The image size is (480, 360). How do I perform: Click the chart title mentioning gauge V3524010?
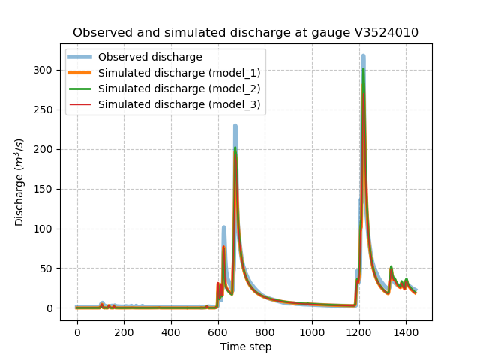245,33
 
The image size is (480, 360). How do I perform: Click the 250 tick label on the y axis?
46,109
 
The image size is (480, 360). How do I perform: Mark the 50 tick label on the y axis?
49,268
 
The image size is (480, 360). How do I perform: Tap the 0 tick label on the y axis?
52,308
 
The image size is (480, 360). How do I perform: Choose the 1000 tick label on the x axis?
312,332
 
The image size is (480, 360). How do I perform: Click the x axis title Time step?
245,346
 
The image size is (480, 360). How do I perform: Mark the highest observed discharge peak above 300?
363,57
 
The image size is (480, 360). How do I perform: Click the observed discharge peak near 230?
235,127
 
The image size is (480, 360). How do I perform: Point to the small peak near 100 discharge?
223,228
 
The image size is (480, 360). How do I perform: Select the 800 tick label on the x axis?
265,332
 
